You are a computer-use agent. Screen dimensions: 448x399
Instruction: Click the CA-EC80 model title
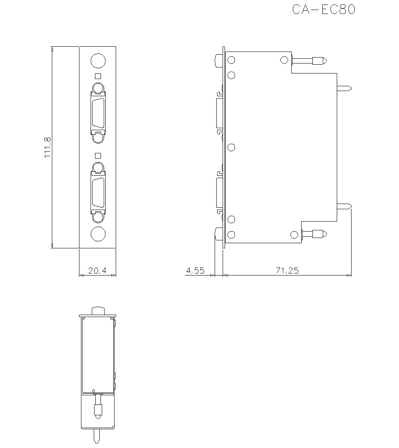[323, 10]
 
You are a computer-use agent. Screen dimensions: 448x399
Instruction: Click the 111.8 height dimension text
[47, 147]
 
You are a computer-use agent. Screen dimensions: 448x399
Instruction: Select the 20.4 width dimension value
[97, 271]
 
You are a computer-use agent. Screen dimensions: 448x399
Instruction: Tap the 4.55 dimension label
[195, 271]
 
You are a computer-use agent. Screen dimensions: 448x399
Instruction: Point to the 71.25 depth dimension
[287, 271]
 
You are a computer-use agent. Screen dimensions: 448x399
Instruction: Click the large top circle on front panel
[98, 61]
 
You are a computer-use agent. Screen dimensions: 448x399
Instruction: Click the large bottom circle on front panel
[98, 234]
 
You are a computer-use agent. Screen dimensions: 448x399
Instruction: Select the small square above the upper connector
[98, 76]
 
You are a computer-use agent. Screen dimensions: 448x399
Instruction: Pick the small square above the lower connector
[98, 156]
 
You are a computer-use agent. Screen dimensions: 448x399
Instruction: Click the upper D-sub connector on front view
[98, 113]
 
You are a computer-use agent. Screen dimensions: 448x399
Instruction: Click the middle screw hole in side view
[231, 147]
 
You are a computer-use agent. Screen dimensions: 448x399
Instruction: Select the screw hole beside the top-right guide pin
[284, 60]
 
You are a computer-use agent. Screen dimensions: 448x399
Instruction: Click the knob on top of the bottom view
[98, 311]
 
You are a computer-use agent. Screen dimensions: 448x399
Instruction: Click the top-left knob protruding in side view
[218, 61]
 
